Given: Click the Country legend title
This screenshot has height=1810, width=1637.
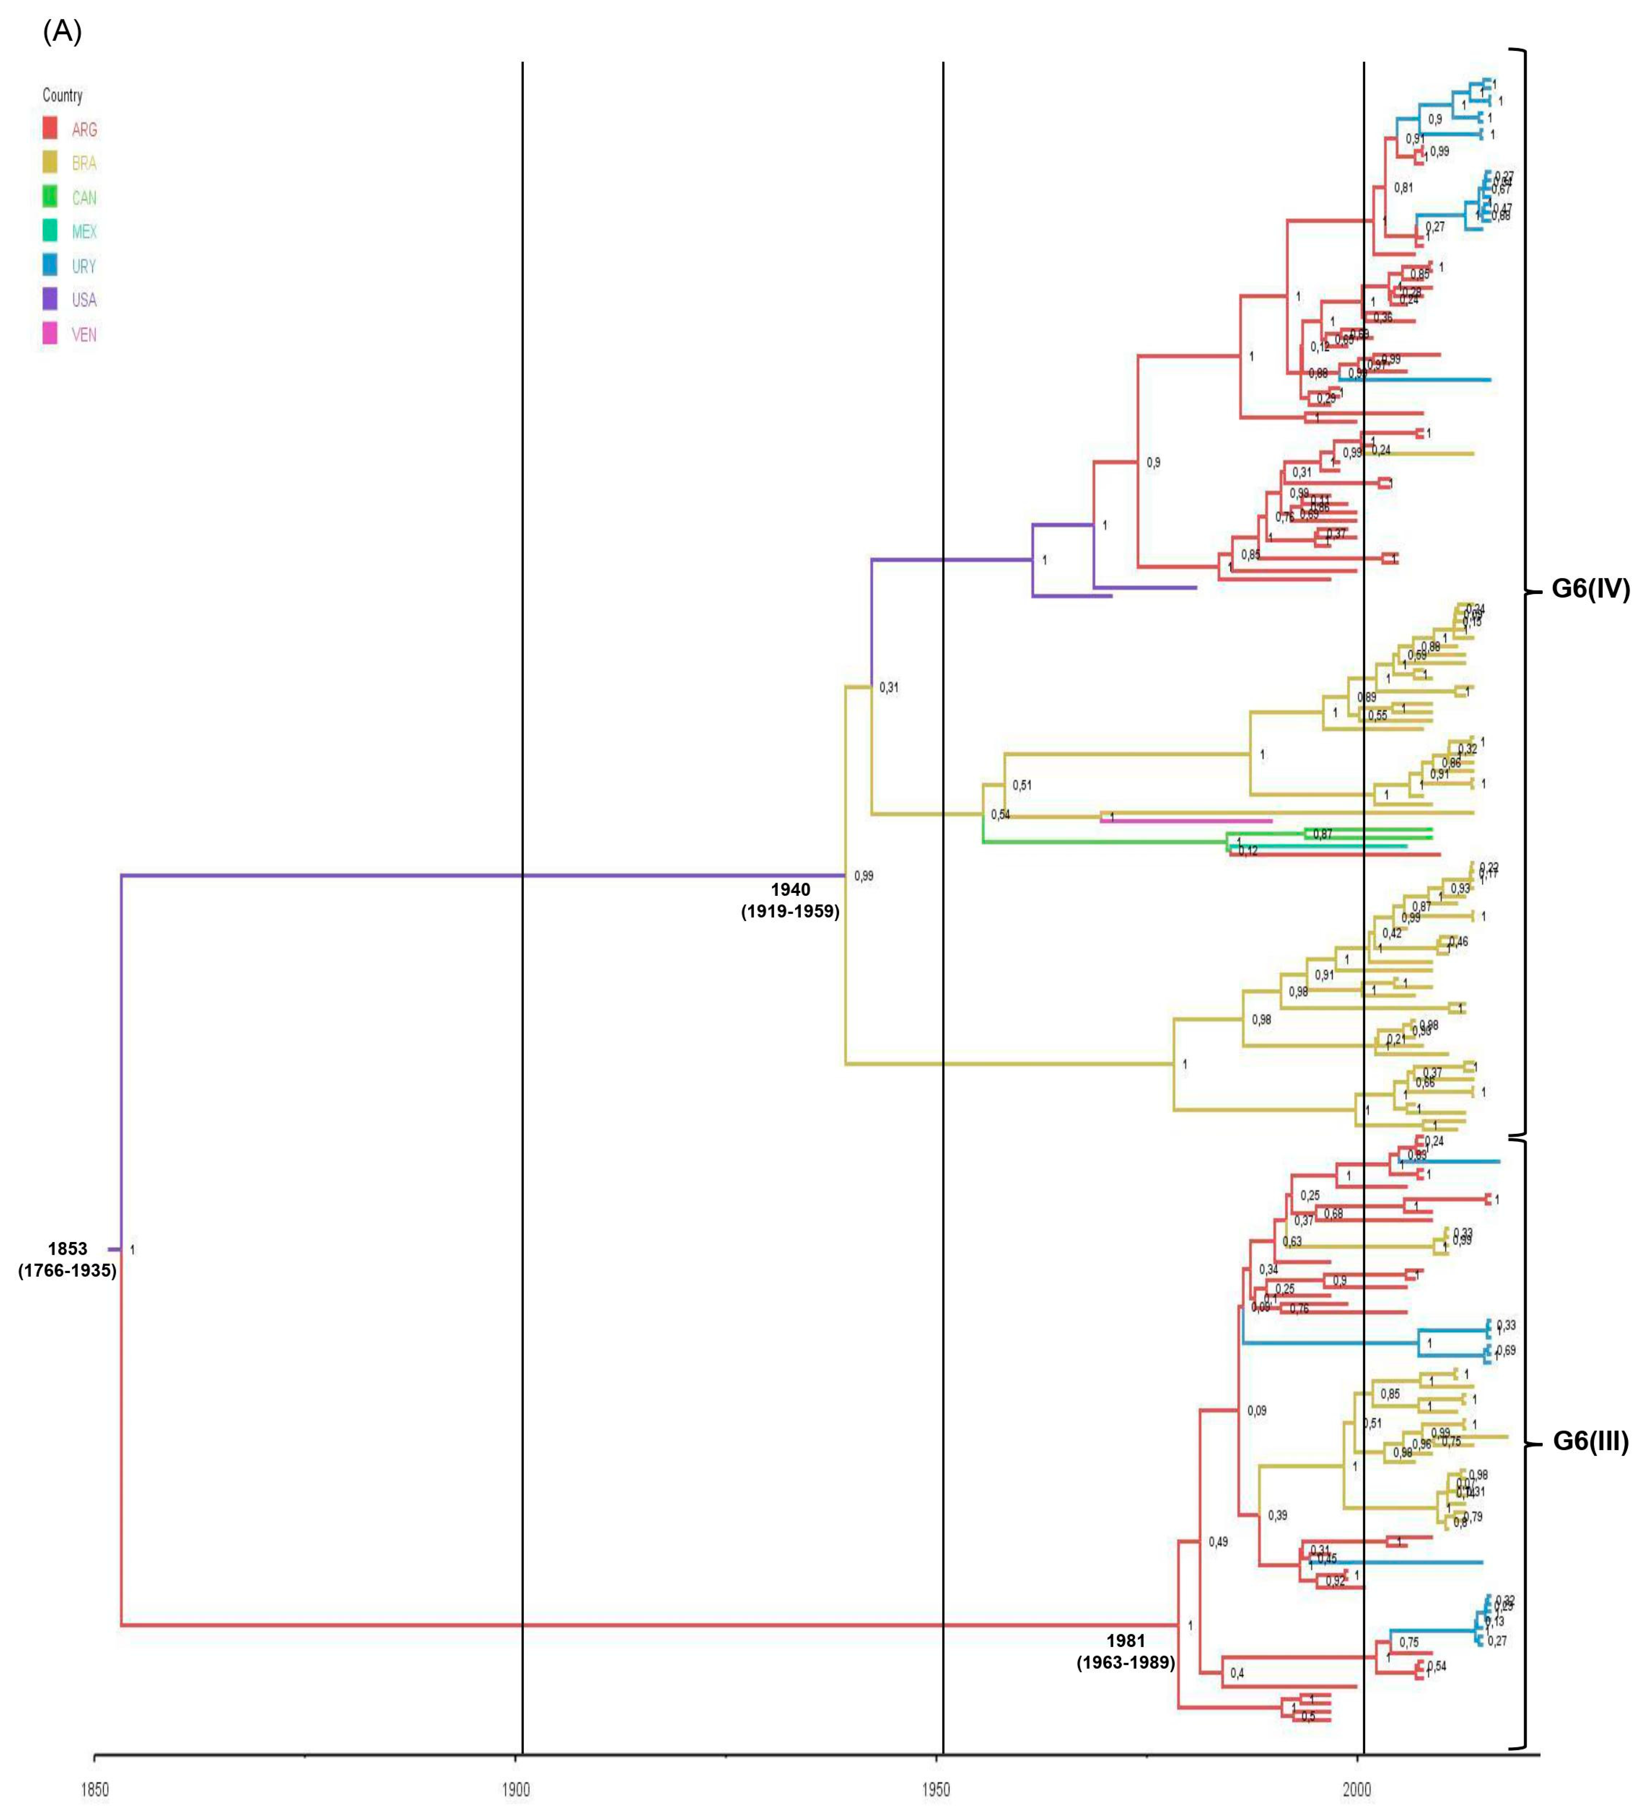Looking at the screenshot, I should (62, 95).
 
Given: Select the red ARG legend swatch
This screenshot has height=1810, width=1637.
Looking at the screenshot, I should (50, 128).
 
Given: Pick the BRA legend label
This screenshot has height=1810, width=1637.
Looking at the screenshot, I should (83, 163).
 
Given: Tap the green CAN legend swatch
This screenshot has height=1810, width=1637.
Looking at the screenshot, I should (50, 197).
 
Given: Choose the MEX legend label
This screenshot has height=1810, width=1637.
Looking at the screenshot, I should (83, 232).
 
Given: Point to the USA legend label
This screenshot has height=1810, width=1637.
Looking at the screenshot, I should (83, 300).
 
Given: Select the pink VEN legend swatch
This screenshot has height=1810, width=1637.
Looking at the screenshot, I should (50, 334).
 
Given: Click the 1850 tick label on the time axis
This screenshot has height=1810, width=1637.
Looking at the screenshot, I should (94, 1790).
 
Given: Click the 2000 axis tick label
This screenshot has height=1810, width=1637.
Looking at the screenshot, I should (1357, 1790).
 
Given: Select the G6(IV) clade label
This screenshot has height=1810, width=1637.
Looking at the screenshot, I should (1590, 590).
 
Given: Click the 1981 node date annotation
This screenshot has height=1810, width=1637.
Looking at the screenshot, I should (1125, 1640).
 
